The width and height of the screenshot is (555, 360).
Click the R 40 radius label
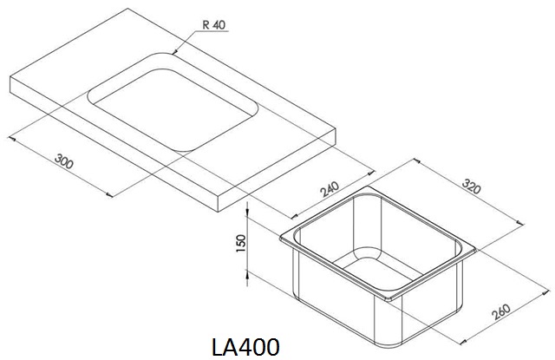(214, 25)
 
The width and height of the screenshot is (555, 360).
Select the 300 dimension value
(64, 161)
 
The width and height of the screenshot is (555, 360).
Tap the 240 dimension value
(330, 189)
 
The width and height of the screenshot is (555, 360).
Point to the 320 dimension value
(472, 187)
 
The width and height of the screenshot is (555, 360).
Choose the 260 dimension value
(501, 311)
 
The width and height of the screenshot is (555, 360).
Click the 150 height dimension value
(241, 243)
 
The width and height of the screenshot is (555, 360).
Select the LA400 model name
(245, 346)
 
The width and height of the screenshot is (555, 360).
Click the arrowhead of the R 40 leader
(174, 52)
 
